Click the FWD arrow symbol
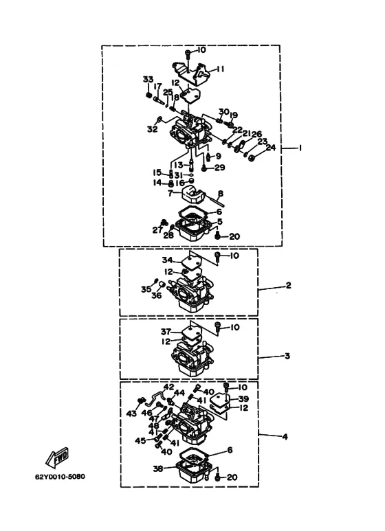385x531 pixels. click(57, 457)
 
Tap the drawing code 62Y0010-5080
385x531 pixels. click(60, 477)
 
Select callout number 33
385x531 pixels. click(148, 80)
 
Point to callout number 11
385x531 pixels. click(220, 69)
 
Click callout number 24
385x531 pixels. click(270, 147)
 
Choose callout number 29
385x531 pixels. click(219, 168)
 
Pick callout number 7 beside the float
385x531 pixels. click(170, 193)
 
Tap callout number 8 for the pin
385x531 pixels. click(221, 194)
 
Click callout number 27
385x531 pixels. click(157, 230)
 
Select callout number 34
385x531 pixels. click(167, 260)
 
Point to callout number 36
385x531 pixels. click(157, 295)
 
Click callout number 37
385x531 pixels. click(166, 332)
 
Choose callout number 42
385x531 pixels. click(168, 387)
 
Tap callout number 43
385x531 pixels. click(131, 414)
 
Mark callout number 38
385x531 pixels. click(158, 468)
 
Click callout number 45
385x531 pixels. click(140, 440)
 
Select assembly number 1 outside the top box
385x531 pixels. click(300, 148)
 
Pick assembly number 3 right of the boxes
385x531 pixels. click(287, 356)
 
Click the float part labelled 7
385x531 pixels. click(192, 193)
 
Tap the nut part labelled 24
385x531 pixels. click(251, 158)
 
